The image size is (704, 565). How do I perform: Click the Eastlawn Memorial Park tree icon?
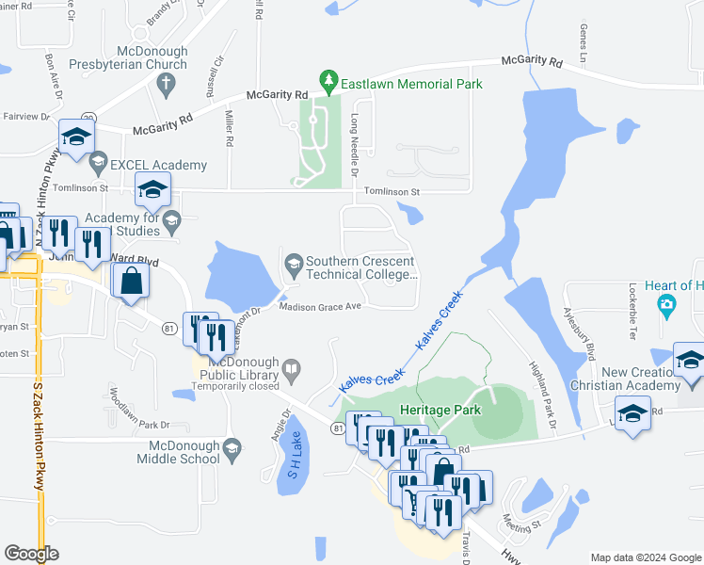pyautogui.click(x=328, y=78)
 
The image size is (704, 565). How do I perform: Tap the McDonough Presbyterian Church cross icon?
pyautogui.click(x=166, y=83)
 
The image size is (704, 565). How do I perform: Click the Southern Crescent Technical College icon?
pyautogui.click(x=294, y=263)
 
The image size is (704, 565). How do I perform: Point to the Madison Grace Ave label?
pyautogui.click(x=320, y=306)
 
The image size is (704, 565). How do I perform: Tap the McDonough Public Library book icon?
pyautogui.click(x=294, y=368)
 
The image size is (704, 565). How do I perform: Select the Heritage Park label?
pyautogui.click(x=440, y=410)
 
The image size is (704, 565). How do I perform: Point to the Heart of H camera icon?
pyautogui.click(x=667, y=303)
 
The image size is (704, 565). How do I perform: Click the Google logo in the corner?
pyautogui.click(x=31, y=553)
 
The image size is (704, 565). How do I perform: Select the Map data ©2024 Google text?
pyautogui.click(x=646, y=557)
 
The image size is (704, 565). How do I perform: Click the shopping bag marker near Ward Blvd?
pyautogui.click(x=129, y=280)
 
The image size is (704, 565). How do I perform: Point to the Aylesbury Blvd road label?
pyautogui.click(x=578, y=333)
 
